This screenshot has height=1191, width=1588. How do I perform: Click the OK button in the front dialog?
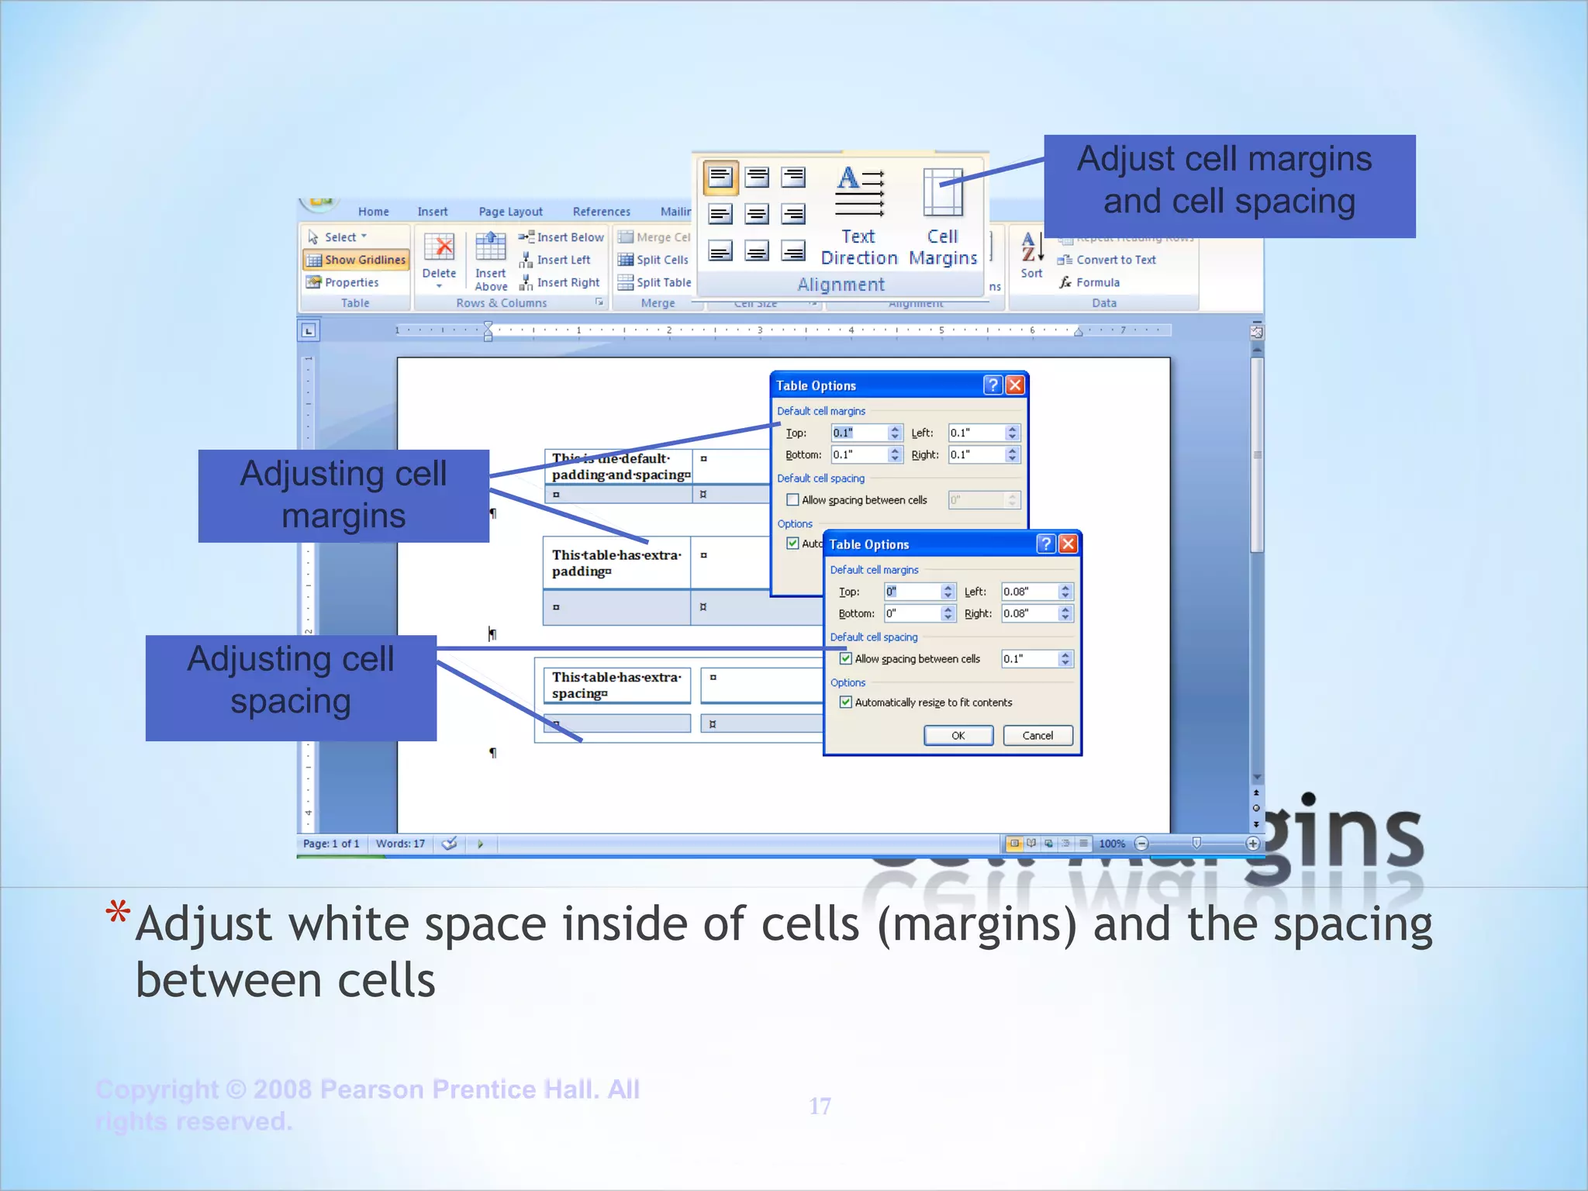pyautogui.click(x=958, y=735)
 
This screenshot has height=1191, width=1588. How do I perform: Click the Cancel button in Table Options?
pyautogui.click(x=1037, y=735)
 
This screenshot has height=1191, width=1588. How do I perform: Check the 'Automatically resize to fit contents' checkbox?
pyautogui.click(x=846, y=703)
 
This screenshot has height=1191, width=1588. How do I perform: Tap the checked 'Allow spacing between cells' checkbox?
pyautogui.click(x=846, y=659)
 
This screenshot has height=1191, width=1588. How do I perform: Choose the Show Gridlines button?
pyautogui.click(x=356, y=260)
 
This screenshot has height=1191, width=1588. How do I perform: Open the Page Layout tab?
pyautogui.click(x=510, y=212)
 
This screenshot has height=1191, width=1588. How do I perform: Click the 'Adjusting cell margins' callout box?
pyautogui.click(x=343, y=495)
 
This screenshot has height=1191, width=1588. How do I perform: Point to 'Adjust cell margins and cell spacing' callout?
pyautogui.click(x=1229, y=186)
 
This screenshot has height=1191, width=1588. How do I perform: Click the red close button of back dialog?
pyautogui.click(x=1014, y=385)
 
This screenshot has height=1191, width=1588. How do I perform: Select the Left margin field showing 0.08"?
pyautogui.click(x=1028, y=592)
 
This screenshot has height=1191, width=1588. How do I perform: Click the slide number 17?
pyautogui.click(x=820, y=1106)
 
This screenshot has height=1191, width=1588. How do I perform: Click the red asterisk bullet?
pyautogui.click(x=118, y=912)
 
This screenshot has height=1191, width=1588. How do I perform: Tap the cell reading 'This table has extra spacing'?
pyautogui.click(x=616, y=685)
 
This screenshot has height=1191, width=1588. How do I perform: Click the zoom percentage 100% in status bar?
pyautogui.click(x=1112, y=844)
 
